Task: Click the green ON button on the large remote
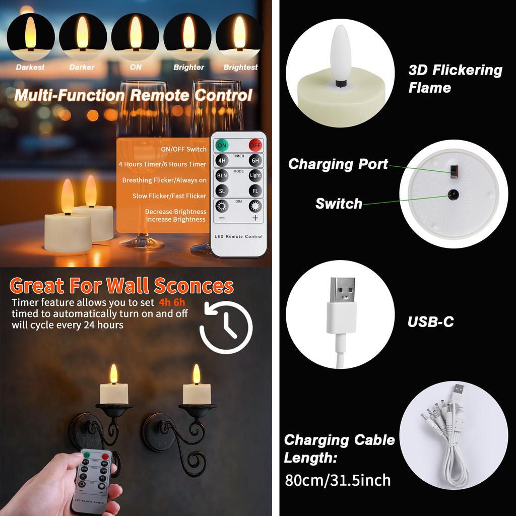pyautogui.click(x=222, y=146)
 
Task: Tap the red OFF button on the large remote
pyautogui.click(x=255, y=146)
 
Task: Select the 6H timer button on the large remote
pyautogui.click(x=255, y=161)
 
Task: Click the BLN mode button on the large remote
pyautogui.click(x=222, y=175)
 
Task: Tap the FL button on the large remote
pyautogui.click(x=255, y=191)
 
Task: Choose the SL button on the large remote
pyautogui.click(x=222, y=191)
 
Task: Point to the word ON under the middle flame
pyautogui.click(x=136, y=67)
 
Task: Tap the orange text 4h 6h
pyautogui.click(x=172, y=303)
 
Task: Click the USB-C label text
pyautogui.click(x=431, y=322)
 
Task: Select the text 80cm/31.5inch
pyautogui.click(x=338, y=480)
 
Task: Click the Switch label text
pyautogui.click(x=339, y=204)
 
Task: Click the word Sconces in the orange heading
pyautogui.click(x=194, y=286)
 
